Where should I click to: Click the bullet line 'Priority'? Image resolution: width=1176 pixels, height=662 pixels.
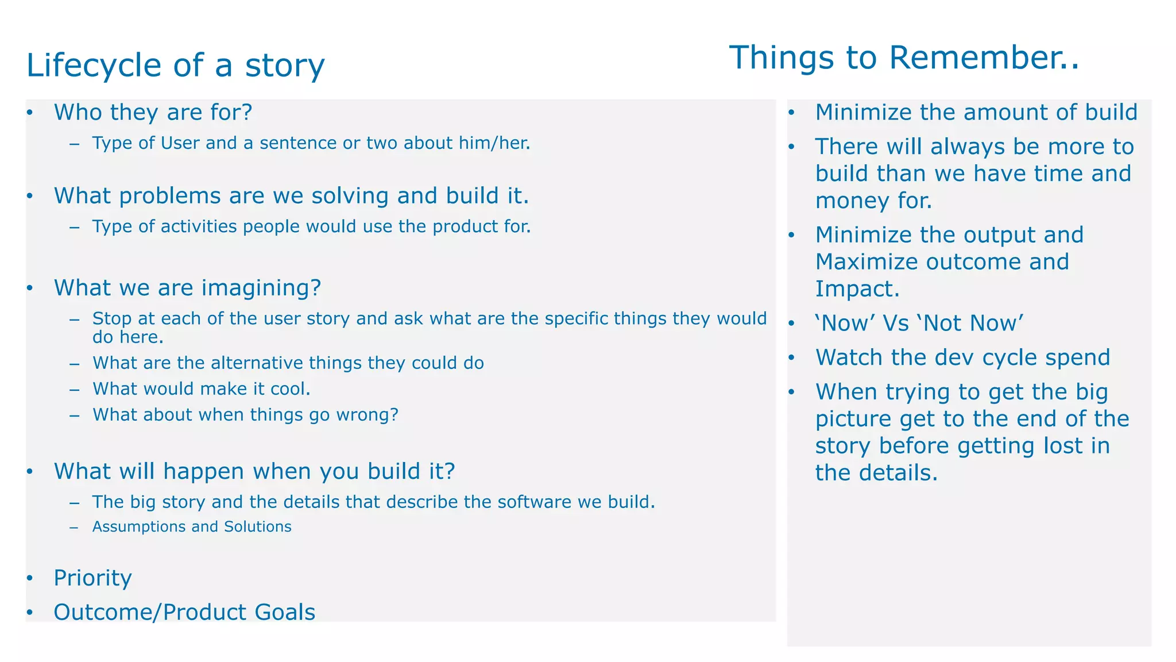(x=92, y=578)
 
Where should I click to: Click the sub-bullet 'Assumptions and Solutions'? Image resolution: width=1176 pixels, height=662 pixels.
(x=192, y=526)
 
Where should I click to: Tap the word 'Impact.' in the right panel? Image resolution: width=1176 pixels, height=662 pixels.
(x=857, y=289)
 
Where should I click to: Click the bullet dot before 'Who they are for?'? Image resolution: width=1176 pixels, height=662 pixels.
(x=30, y=112)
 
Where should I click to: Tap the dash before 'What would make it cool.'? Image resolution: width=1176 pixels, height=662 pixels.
(x=74, y=390)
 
